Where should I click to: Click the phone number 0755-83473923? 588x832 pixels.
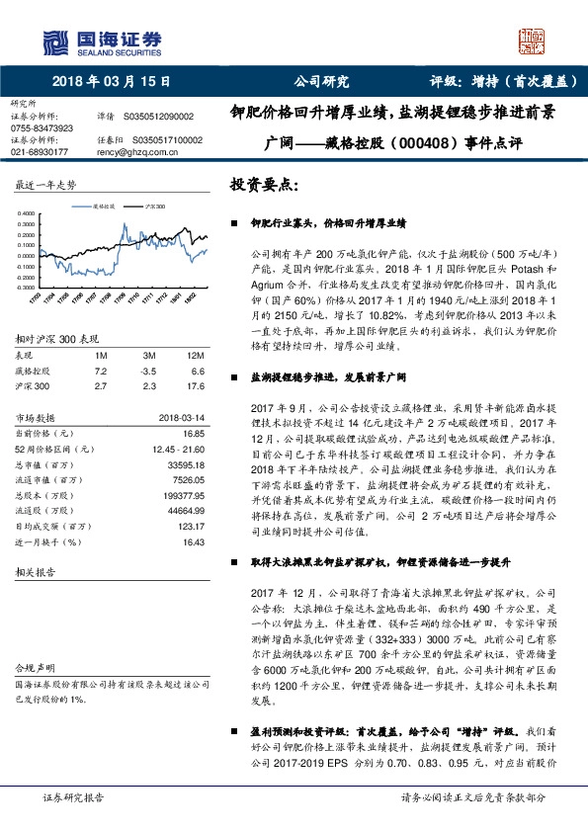pos(41,128)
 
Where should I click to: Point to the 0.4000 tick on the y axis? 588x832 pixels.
pos(30,212)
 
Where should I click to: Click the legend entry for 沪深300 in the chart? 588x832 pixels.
pos(154,207)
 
